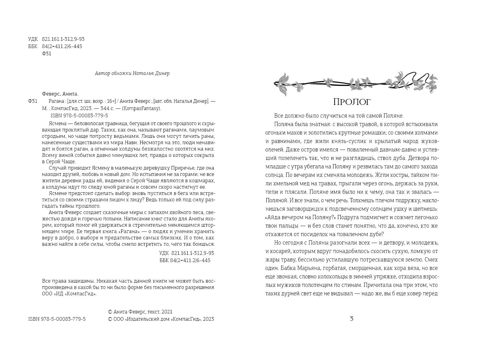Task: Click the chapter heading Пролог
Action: click(352, 102)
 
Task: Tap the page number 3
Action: click(352, 319)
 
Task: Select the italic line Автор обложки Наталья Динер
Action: click(132, 73)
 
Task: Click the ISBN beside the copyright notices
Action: click(57, 319)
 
